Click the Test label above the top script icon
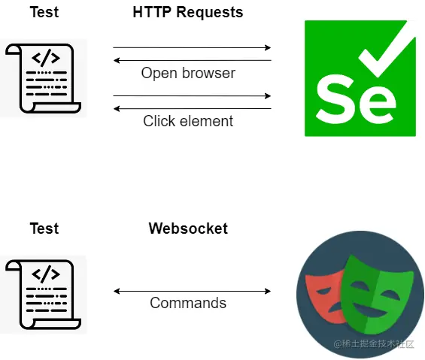[x=44, y=13]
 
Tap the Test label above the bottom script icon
[x=44, y=228]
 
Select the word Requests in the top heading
[x=209, y=13]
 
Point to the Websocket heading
[x=188, y=228]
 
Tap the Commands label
[x=188, y=304]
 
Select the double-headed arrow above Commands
[x=192, y=291]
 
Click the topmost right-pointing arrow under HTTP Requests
[x=192, y=48]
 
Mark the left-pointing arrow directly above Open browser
[x=192, y=61]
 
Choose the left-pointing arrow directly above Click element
[x=192, y=109]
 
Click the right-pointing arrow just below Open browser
[x=192, y=96]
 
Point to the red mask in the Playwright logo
[x=324, y=290]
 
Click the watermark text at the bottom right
[x=374, y=343]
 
